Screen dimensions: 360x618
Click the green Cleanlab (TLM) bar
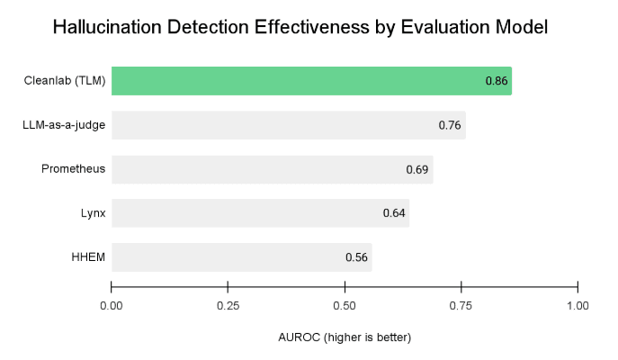tap(311, 81)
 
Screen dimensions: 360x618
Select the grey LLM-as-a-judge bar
tap(288, 125)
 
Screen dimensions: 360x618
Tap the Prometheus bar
tap(272, 169)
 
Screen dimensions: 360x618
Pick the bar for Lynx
tap(260, 213)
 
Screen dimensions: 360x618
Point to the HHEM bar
tap(241, 257)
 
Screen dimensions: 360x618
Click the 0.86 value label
tap(497, 81)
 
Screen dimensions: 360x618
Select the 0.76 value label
tap(450, 125)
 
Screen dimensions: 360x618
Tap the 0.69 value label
tap(417, 169)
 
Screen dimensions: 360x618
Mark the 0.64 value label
tap(394, 213)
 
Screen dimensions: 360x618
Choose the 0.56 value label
tap(357, 257)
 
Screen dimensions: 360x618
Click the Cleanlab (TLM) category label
tap(65, 81)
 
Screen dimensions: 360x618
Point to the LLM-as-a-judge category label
tap(64, 125)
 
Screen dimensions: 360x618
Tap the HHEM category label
tap(88, 257)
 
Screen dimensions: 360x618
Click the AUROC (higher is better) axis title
tap(345, 337)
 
